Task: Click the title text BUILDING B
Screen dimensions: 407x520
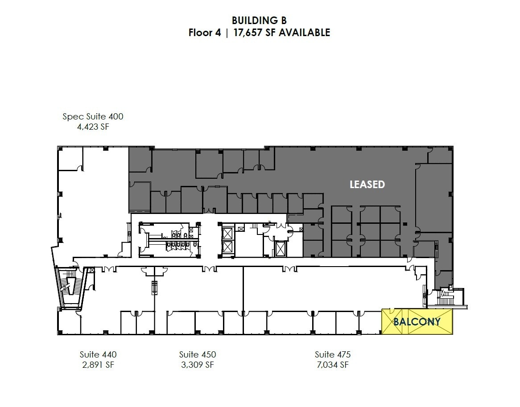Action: [259, 21]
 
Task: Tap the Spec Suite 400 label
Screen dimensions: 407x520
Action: [93, 117]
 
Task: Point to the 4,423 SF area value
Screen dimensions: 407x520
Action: [93, 127]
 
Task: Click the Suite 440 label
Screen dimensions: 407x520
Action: [98, 355]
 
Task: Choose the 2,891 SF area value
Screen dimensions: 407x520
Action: [98, 365]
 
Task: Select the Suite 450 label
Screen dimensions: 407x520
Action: [198, 355]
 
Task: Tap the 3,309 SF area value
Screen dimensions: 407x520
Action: [198, 365]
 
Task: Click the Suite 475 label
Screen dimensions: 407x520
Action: [333, 355]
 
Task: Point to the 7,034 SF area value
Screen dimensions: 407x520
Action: [333, 365]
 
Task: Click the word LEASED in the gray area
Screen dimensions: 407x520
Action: [367, 185]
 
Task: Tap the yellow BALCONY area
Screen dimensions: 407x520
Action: [417, 321]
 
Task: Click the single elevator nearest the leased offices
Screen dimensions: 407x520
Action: [281, 248]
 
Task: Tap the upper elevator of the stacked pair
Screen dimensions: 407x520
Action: [227, 233]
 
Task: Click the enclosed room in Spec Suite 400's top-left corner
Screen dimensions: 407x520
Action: [70, 159]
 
